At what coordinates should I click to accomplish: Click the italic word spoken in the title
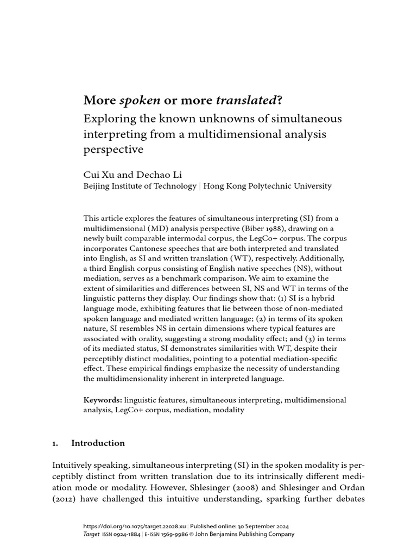(140, 101)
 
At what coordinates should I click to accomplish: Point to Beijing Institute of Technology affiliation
(140, 186)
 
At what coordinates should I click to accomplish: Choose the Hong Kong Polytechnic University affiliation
(267, 186)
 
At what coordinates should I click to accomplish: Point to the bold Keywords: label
(103, 400)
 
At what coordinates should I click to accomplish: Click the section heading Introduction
(98, 443)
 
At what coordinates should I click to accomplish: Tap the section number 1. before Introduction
(55, 443)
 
